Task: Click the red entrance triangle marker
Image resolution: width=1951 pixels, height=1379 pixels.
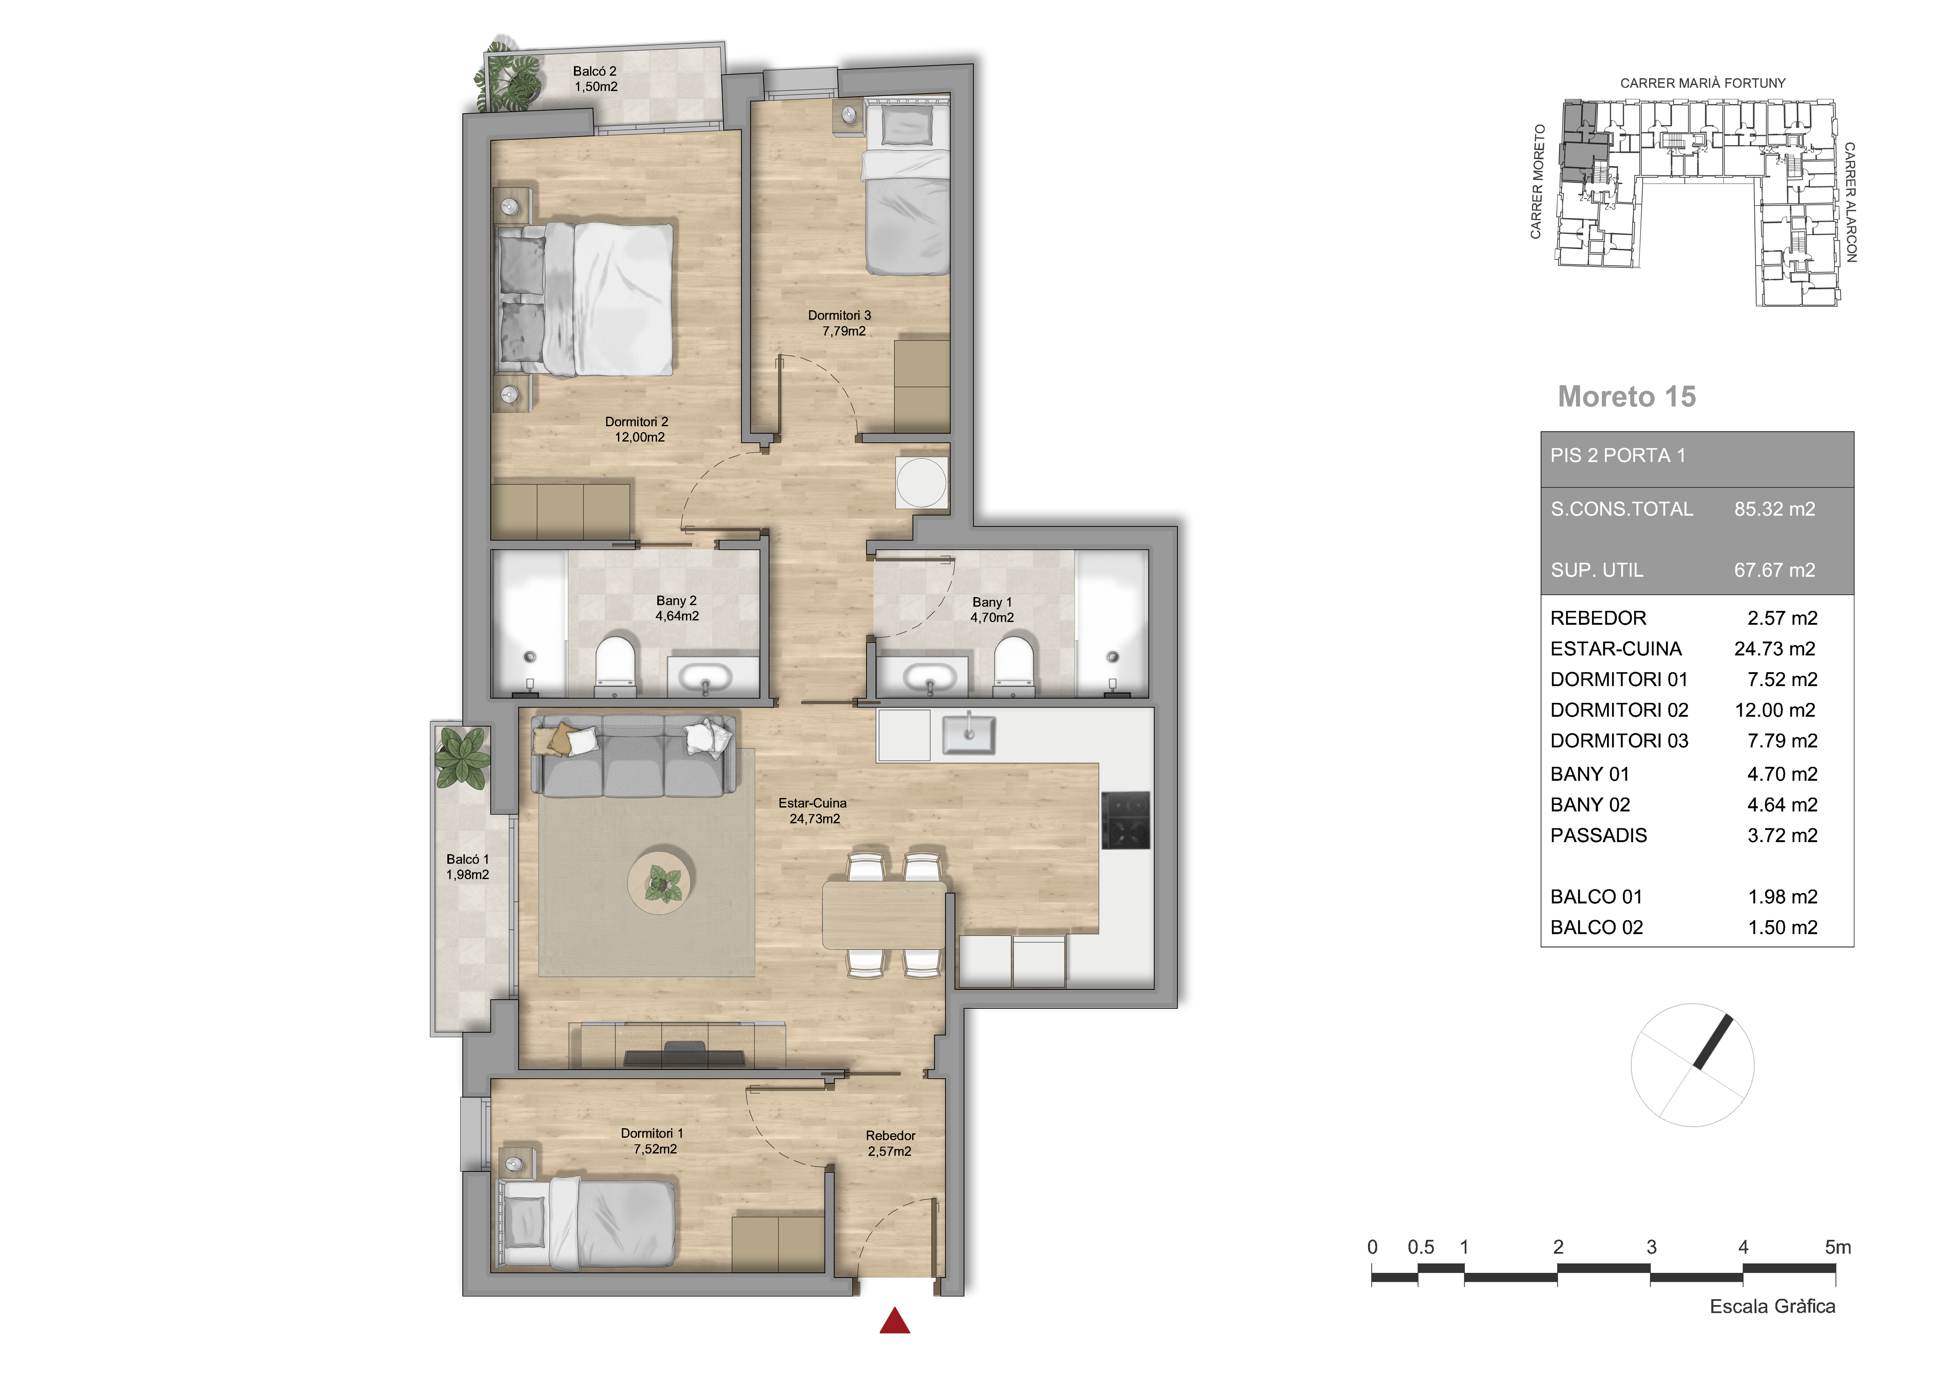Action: click(x=895, y=1321)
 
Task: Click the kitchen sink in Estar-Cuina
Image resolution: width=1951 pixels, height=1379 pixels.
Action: click(x=968, y=733)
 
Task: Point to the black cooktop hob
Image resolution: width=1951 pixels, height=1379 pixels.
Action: click(x=1126, y=820)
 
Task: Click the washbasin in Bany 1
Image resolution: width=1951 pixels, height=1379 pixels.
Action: click(x=929, y=678)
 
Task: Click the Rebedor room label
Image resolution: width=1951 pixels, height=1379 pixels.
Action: click(x=890, y=1144)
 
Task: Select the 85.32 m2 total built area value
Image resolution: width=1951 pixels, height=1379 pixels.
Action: click(x=1774, y=509)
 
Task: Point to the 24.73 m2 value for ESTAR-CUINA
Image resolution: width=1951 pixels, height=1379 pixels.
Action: click(x=1774, y=648)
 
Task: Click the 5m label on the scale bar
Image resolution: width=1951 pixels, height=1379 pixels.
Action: click(x=1837, y=1247)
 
